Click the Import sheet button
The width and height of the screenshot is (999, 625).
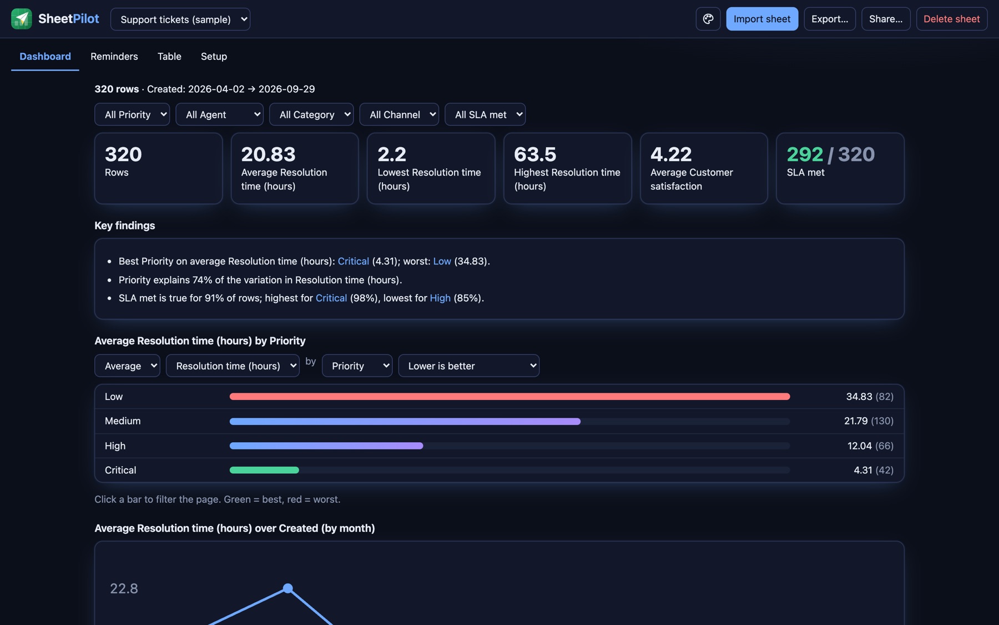[762, 19]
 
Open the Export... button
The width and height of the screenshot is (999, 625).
[830, 19]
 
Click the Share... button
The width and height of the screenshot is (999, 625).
[886, 19]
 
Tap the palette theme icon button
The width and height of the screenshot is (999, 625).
[708, 19]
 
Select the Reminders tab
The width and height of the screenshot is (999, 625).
[114, 56]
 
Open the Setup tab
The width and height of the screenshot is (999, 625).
[214, 56]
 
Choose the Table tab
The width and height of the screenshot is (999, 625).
[169, 56]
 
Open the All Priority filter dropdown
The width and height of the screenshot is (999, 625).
[132, 114]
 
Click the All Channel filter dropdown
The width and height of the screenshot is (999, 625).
[399, 114]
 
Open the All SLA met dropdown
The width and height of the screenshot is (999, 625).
[485, 114]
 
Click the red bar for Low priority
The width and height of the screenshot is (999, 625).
[509, 397]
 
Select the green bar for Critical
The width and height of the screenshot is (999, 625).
[264, 470]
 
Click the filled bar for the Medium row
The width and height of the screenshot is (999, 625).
[405, 421]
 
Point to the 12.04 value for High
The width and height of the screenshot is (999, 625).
[860, 446]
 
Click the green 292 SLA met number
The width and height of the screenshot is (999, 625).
[805, 154]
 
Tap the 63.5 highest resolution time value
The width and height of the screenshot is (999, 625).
[535, 154]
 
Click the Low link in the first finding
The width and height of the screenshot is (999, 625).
[442, 261]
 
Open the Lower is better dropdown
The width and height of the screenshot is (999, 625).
[469, 366]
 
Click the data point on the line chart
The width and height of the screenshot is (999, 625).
[287, 588]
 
